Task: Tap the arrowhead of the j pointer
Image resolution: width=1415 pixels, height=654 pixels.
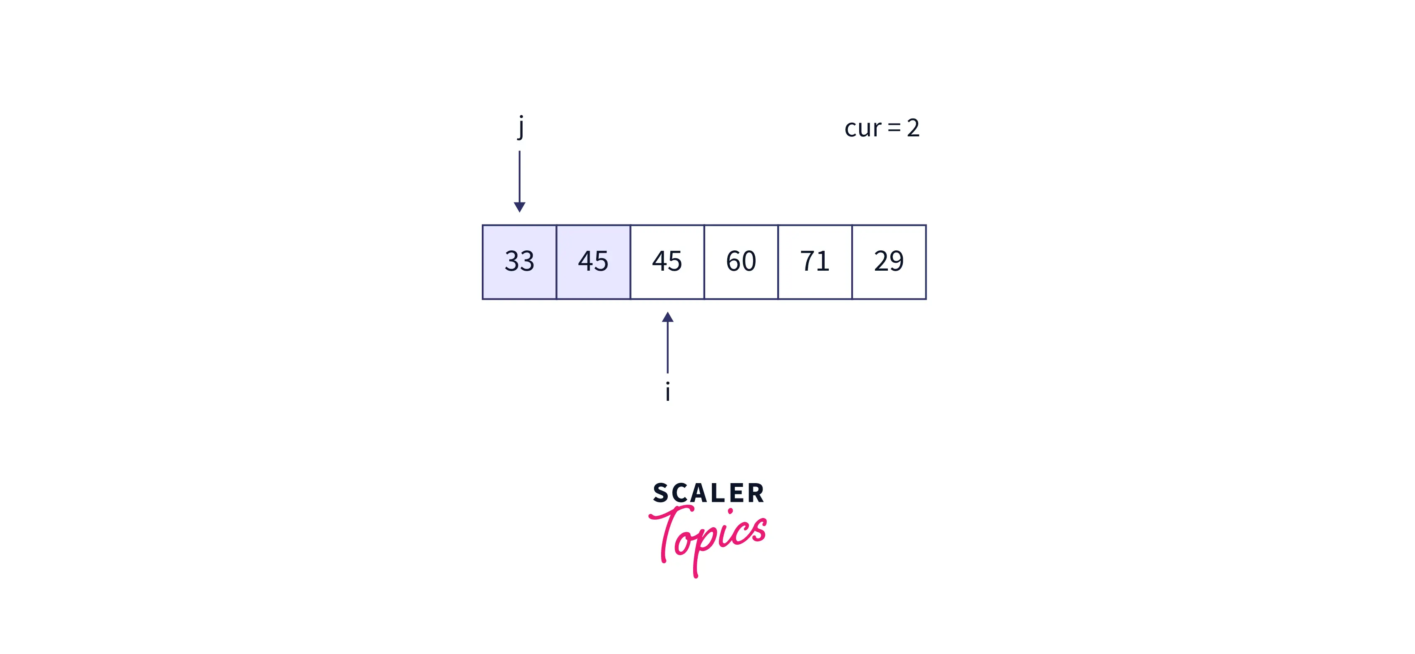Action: pyautogui.click(x=520, y=207)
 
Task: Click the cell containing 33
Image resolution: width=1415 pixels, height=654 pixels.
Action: pyautogui.click(x=519, y=262)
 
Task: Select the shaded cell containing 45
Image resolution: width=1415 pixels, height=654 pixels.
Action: pyautogui.click(x=593, y=262)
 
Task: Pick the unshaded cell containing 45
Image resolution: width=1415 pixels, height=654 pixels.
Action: pyautogui.click(x=667, y=262)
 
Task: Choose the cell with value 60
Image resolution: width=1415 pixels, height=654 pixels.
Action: pyautogui.click(x=741, y=262)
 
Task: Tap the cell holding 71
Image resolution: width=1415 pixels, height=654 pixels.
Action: pyautogui.click(x=815, y=262)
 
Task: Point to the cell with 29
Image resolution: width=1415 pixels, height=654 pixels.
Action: pyautogui.click(x=889, y=262)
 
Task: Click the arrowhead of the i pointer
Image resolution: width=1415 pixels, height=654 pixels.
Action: pyautogui.click(x=667, y=317)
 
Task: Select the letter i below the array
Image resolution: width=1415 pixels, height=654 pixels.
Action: pyautogui.click(x=667, y=392)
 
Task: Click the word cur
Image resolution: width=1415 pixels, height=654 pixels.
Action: pyautogui.click(x=862, y=128)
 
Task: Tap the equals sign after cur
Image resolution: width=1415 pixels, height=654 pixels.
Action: pyautogui.click(x=894, y=128)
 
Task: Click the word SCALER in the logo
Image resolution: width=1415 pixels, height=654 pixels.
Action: pyautogui.click(x=708, y=493)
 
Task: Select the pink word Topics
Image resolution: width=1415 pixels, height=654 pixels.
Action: pyautogui.click(x=708, y=536)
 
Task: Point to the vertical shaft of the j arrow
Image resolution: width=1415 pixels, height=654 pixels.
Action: pyautogui.click(x=520, y=176)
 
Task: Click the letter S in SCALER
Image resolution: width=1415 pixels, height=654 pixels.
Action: pyautogui.click(x=661, y=493)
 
